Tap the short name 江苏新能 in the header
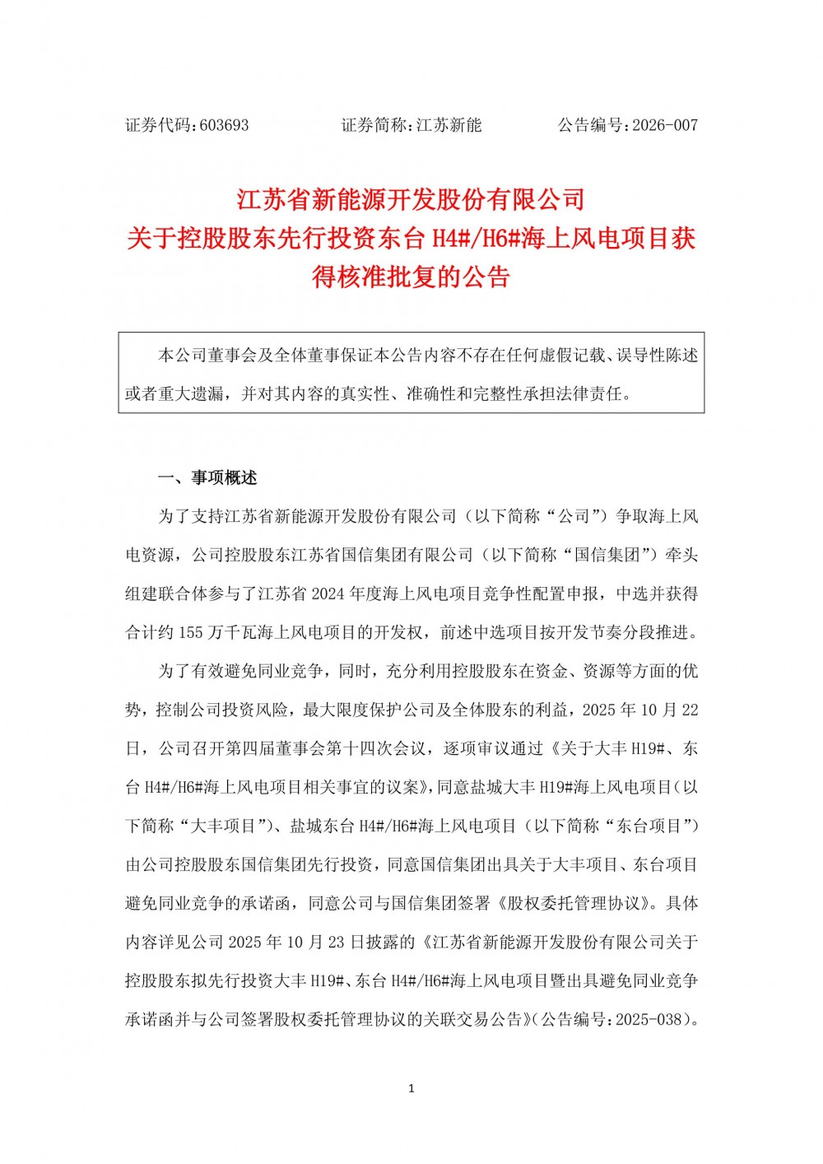click(449, 125)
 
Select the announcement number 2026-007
click(665, 125)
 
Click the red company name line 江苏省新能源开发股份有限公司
click(411, 199)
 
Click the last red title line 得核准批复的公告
click(411, 277)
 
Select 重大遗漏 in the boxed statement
click(191, 394)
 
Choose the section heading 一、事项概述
click(207, 478)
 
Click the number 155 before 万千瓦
click(190, 632)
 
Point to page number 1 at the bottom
click(411, 1088)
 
